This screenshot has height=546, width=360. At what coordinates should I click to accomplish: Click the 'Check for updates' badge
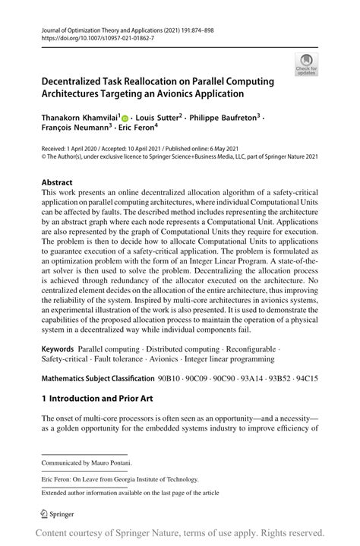click(308, 65)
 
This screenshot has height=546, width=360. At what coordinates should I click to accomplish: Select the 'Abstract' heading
click(57, 183)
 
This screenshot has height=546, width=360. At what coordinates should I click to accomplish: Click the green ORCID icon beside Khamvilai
click(124, 118)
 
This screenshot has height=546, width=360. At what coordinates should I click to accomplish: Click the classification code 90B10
click(175, 377)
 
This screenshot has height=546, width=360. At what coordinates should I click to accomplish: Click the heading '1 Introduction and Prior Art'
click(99, 397)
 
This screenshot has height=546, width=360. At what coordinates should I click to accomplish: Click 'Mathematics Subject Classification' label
click(98, 377)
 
